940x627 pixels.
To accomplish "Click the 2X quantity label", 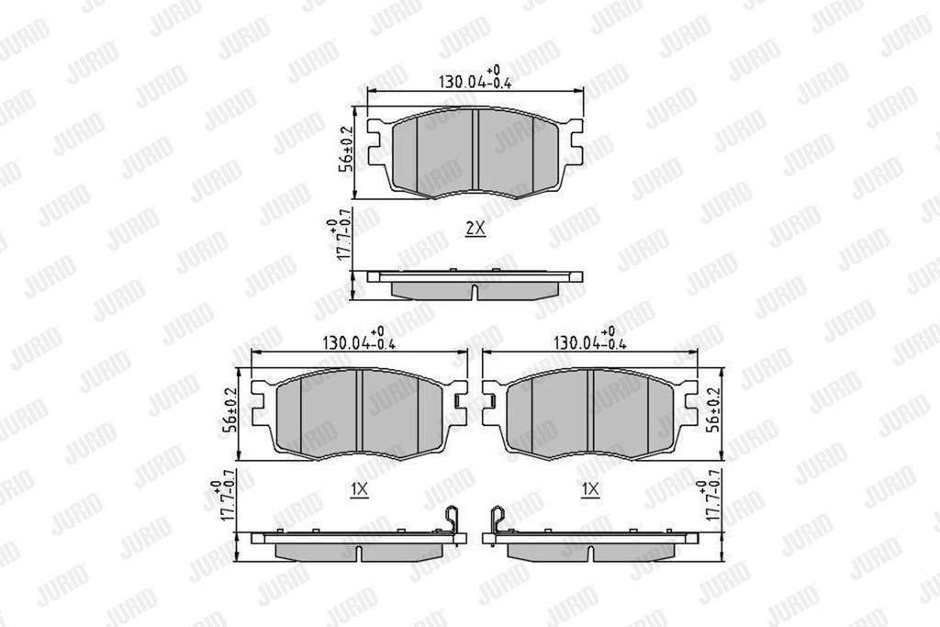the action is click(475, 229).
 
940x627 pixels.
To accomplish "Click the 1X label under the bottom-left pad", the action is click(359, 489).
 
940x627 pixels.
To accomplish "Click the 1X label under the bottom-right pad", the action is click(590, 489).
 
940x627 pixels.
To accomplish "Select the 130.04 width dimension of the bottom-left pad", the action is click(359, 341).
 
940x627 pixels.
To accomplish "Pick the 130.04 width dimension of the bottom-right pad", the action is click(590, 341).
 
